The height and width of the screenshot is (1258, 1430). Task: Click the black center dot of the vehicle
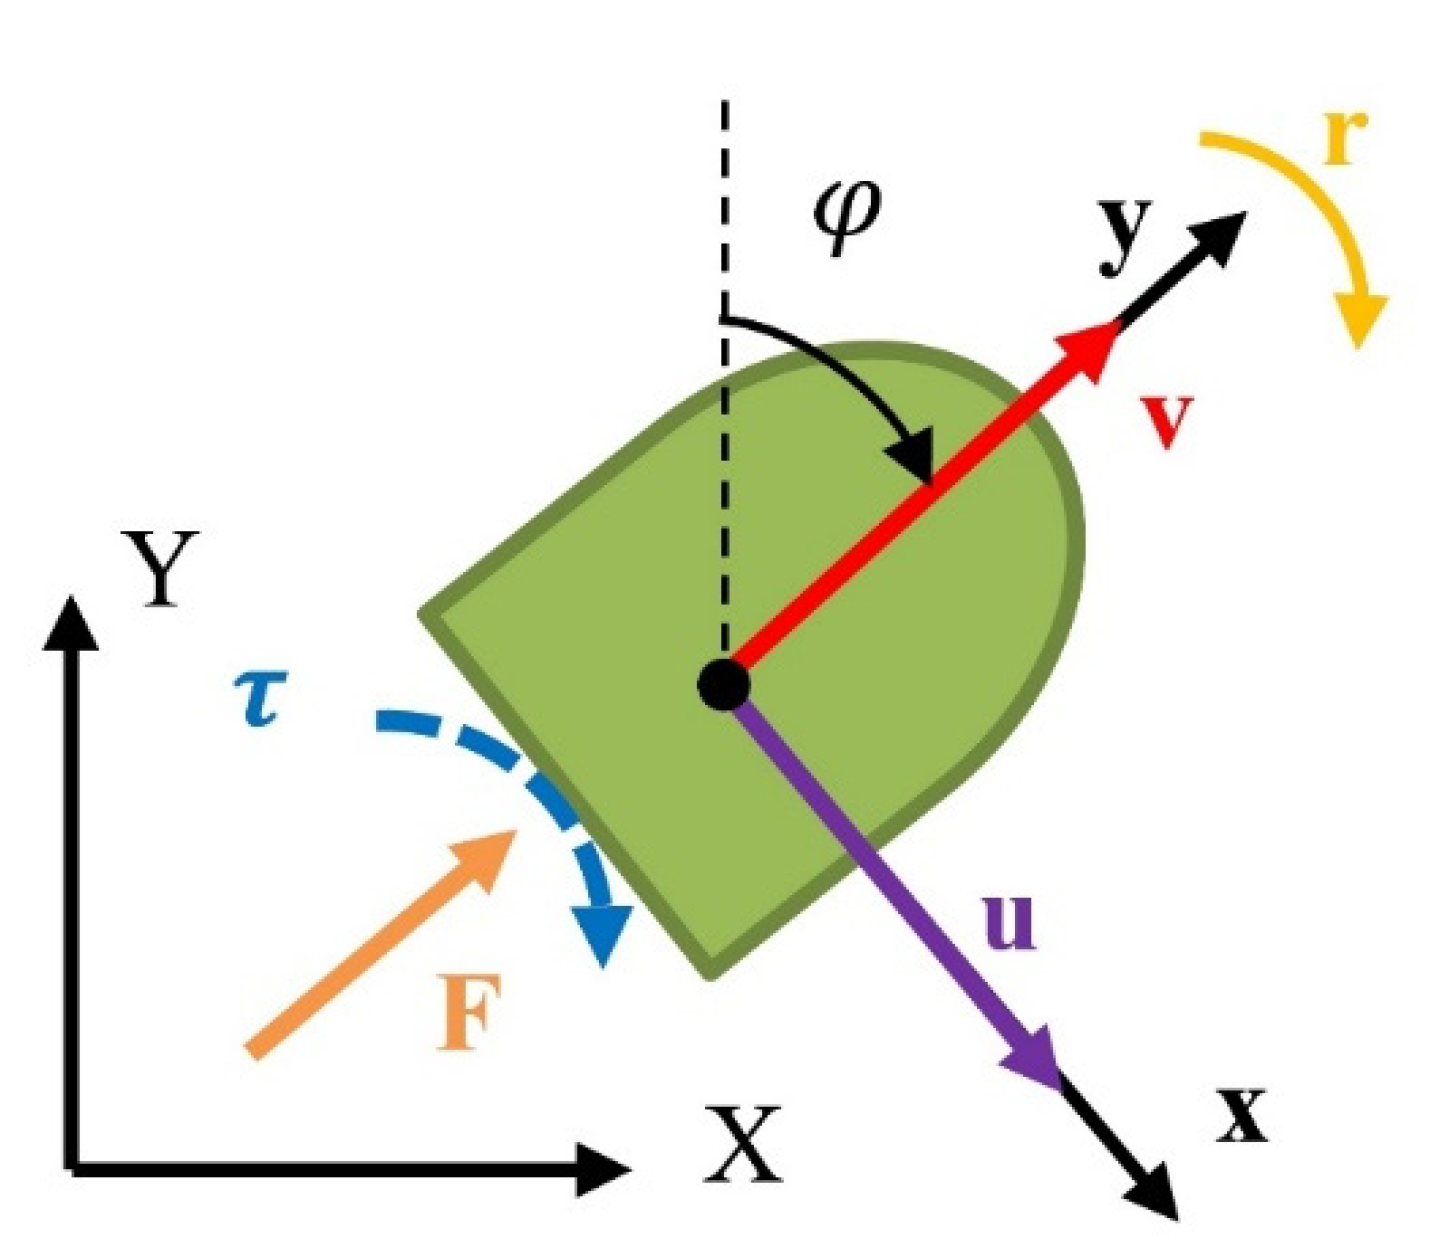tap(724, 685)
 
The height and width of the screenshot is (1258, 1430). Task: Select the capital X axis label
tap(741, 1144)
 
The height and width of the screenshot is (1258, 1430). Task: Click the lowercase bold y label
tap(1126, 236)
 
